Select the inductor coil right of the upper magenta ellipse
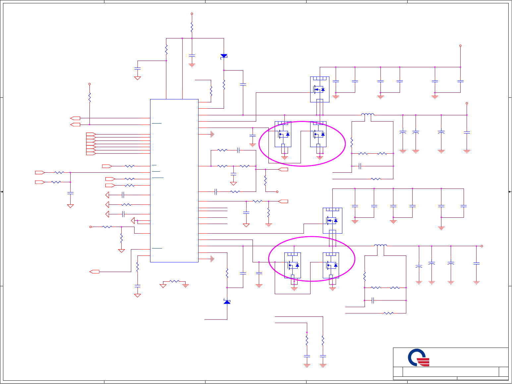click(368, 115)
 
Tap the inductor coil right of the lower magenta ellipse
click(380, 246)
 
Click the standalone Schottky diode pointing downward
click(224, 56)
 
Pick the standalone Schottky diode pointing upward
click(227, 302)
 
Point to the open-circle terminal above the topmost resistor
click(192, 14)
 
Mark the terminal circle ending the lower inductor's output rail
click(482, 246)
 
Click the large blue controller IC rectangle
click(174, 181)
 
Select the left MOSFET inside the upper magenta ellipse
click(283, 134)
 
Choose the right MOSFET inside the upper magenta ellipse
click(318, 134)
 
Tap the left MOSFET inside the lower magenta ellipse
click(293, 265)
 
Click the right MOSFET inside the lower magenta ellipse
click(331, 265)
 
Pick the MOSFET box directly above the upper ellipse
click(320, 89)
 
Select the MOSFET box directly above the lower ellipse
click(332, 220)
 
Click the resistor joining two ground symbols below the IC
click(174, 281)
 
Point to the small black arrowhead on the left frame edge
click(2, 192)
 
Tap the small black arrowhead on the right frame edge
click(510, 192)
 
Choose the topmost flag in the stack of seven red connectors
click(91, 134)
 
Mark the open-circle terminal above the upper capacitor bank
click(460, 46)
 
